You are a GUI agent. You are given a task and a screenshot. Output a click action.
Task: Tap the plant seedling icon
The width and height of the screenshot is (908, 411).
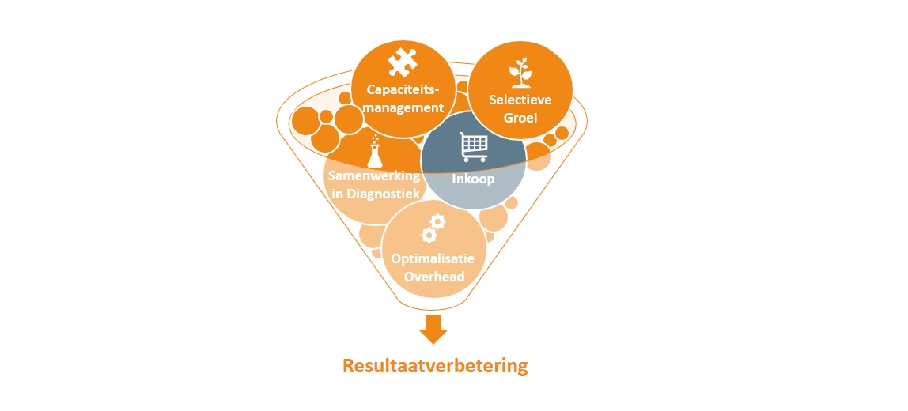520,72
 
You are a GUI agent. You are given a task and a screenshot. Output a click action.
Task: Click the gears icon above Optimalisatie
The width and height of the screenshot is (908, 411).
433,228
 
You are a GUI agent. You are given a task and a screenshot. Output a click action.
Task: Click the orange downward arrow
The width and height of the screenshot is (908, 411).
433,329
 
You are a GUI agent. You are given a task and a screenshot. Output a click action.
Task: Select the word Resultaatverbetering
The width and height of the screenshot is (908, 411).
434,367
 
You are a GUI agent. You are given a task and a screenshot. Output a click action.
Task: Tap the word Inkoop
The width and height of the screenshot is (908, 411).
473,179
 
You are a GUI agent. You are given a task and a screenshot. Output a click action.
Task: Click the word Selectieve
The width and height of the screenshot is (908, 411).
520,100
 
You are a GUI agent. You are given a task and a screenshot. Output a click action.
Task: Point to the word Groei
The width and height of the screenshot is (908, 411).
520,118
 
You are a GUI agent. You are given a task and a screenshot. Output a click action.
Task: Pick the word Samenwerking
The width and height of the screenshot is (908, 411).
374,175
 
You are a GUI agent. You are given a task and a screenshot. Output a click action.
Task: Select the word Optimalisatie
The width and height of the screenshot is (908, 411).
433,258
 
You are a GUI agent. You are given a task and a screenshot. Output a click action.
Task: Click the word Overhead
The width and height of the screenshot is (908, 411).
433,277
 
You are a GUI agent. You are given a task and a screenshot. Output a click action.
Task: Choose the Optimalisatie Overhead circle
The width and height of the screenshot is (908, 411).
433,249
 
